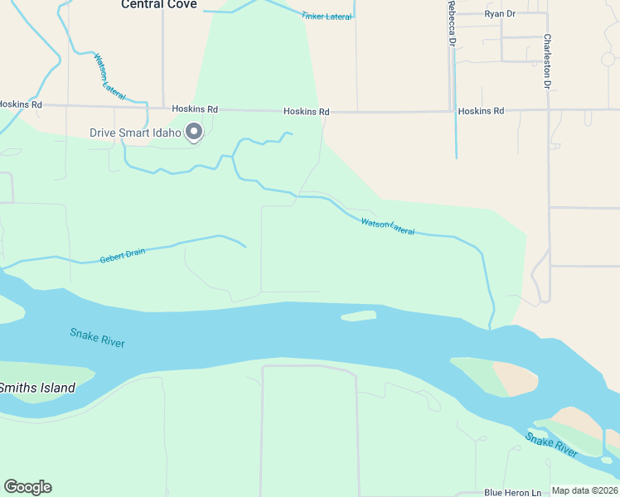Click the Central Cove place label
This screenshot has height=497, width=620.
point(159,5)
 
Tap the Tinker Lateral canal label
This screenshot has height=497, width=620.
point(327,16)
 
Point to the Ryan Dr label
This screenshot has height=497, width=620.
point(500,14)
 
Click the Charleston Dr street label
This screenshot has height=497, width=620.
point(547,61)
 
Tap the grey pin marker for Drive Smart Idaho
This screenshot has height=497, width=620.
point(195,132)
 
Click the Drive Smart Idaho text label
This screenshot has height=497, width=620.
point(135,133)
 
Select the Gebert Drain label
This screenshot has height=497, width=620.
point(123,254)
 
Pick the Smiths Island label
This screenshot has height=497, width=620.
point(36,388)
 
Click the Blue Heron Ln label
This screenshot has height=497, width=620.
point(513,492)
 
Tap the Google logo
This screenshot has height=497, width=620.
point(27,487)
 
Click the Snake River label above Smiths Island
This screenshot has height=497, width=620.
point(98,337)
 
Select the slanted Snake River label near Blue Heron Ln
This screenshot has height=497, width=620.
point(551,444)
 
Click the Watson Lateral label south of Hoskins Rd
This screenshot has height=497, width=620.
point(387,224)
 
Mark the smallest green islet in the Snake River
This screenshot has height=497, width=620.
point(358,316)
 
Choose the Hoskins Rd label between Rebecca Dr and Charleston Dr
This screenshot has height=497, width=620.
point(481,111)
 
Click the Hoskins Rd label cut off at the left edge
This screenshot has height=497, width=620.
point(20,104)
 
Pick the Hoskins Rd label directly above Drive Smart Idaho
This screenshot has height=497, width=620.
point(195,109)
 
